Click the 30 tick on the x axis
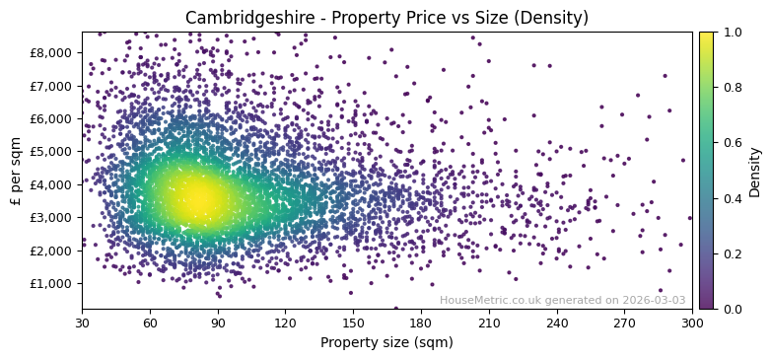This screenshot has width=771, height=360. [x=82, y=323]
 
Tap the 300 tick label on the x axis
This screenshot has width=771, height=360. [x=692, y=323]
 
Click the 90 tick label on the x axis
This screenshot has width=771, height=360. [x=218, y=323]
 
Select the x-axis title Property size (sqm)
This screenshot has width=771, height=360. [x=386, y=342]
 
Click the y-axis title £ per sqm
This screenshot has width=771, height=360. [x=16, y=171]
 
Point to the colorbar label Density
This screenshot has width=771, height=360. [x=755, y=171]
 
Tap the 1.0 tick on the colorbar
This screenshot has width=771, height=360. [x=729, y=33]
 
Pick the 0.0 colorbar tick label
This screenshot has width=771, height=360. [x=729, y=309]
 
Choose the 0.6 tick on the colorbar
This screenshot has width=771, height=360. [x=729, y=143]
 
